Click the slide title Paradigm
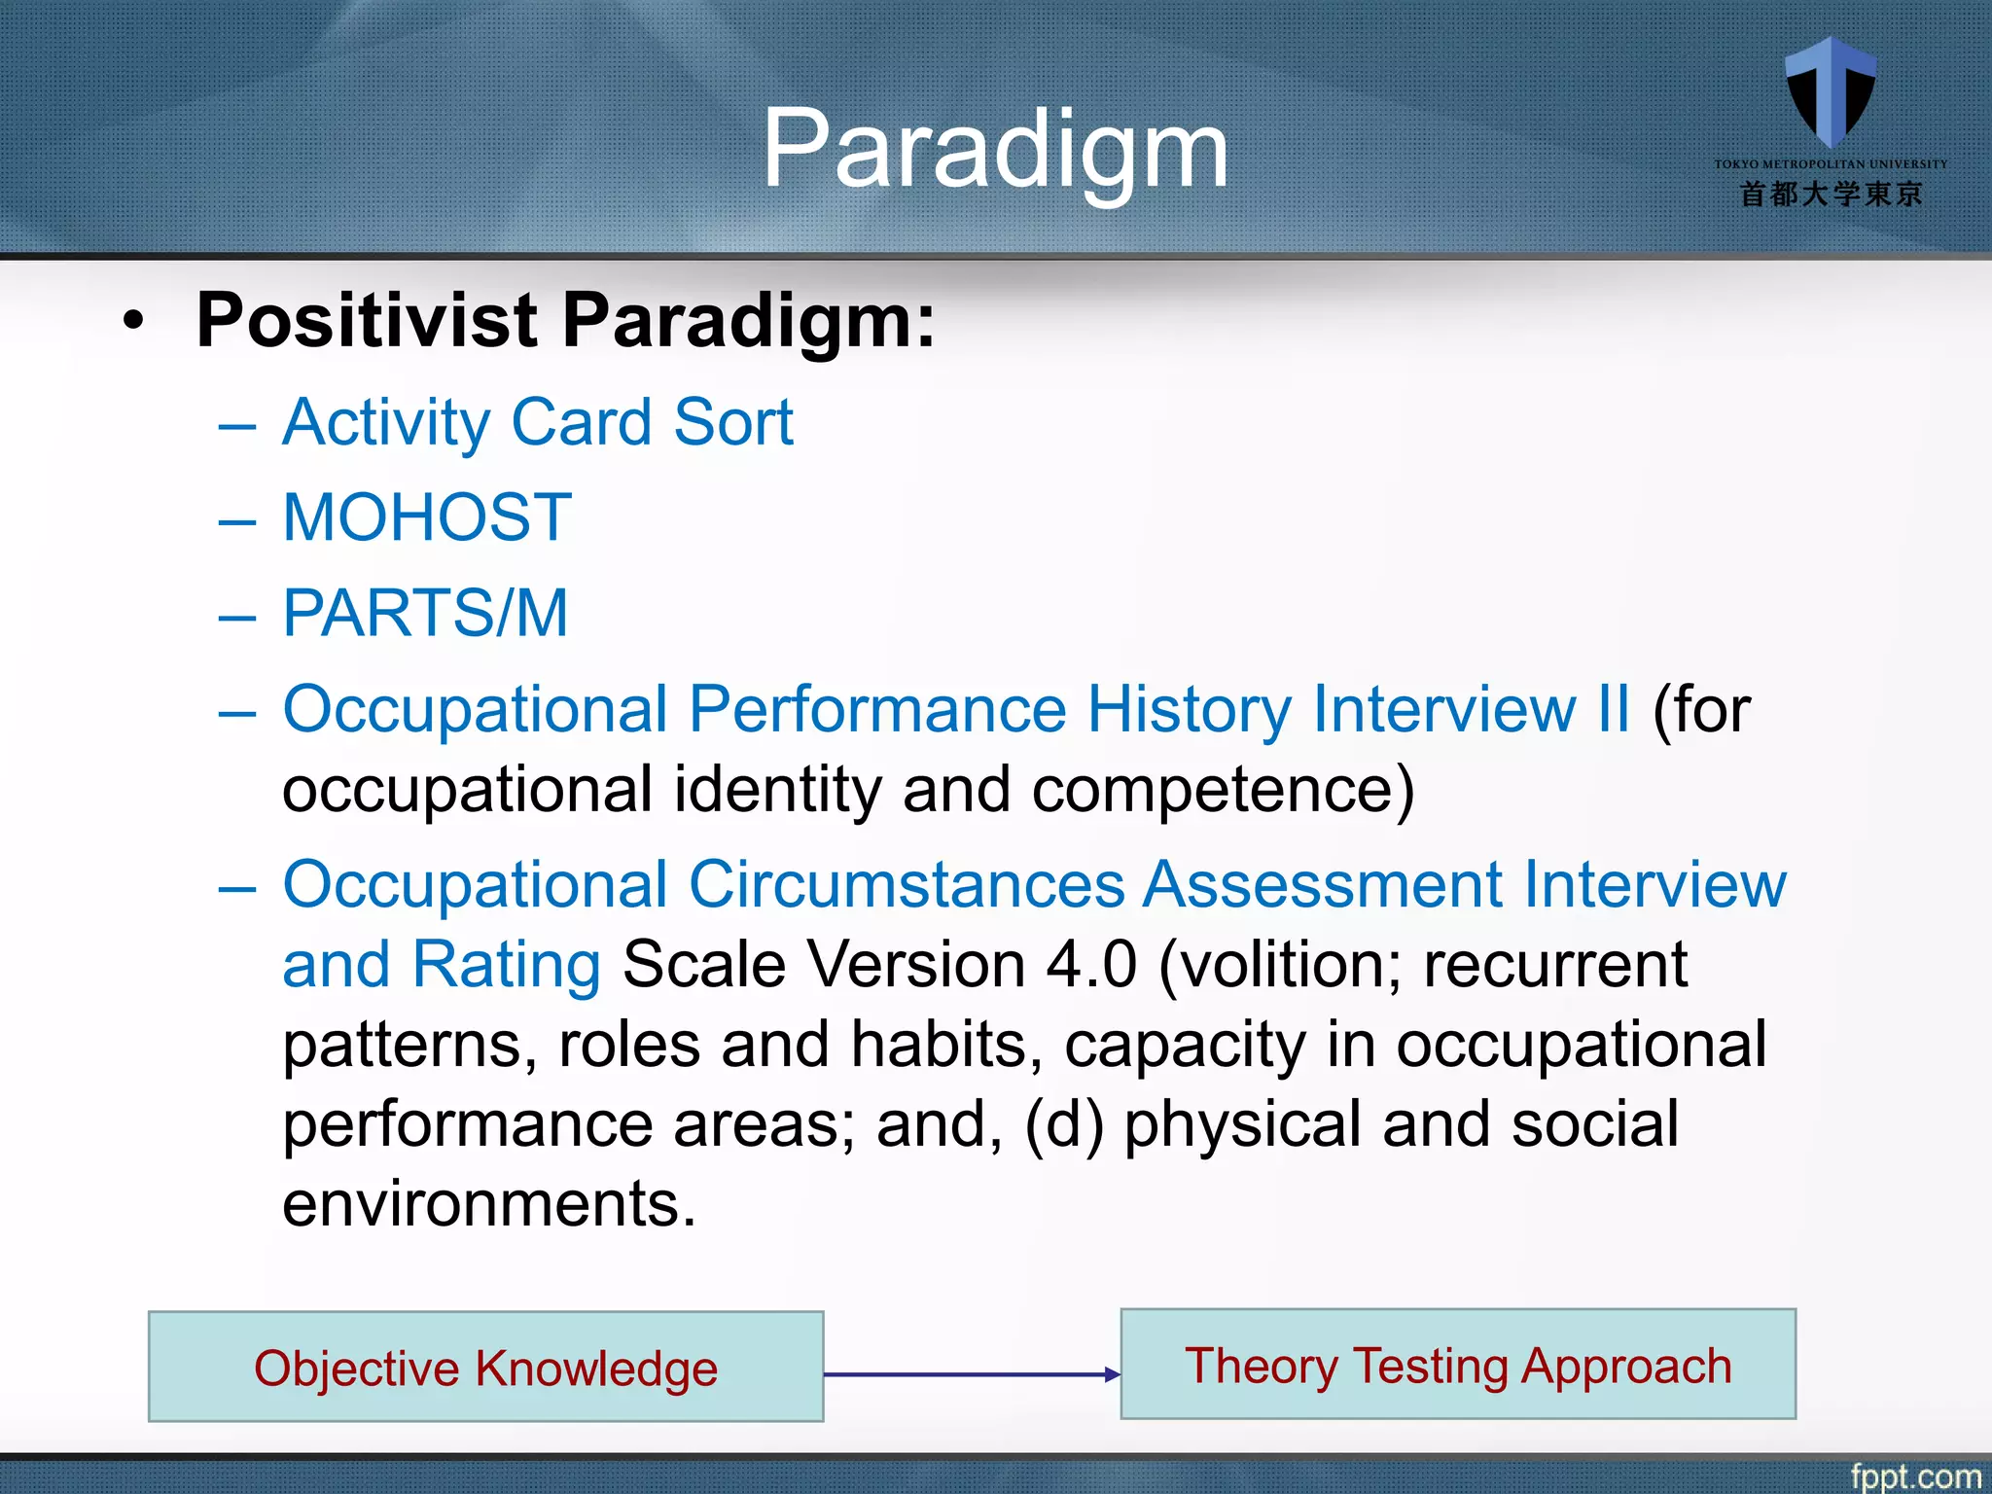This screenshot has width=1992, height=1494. [994, 151]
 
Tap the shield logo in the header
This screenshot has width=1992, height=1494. [1831, 92]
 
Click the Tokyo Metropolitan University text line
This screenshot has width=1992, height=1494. [1831, 164]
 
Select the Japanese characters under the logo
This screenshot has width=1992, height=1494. [1831, 195]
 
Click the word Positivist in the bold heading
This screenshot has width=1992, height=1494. [367, 320]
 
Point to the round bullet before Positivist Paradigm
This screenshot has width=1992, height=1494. [134, 322]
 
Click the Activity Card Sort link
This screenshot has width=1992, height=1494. [538, 423]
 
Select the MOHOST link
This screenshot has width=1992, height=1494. [427, 517]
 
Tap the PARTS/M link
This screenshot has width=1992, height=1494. [425, 613]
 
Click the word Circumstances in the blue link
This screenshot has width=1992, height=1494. [907, 885]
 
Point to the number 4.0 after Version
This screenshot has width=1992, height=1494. [1091, 966]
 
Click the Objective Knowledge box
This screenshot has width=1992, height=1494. [485, 1367]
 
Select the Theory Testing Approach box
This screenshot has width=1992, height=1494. [1457, 1365]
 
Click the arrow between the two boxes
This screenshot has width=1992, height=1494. [971, 1374]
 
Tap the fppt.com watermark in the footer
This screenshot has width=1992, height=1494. [1914, 1476]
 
